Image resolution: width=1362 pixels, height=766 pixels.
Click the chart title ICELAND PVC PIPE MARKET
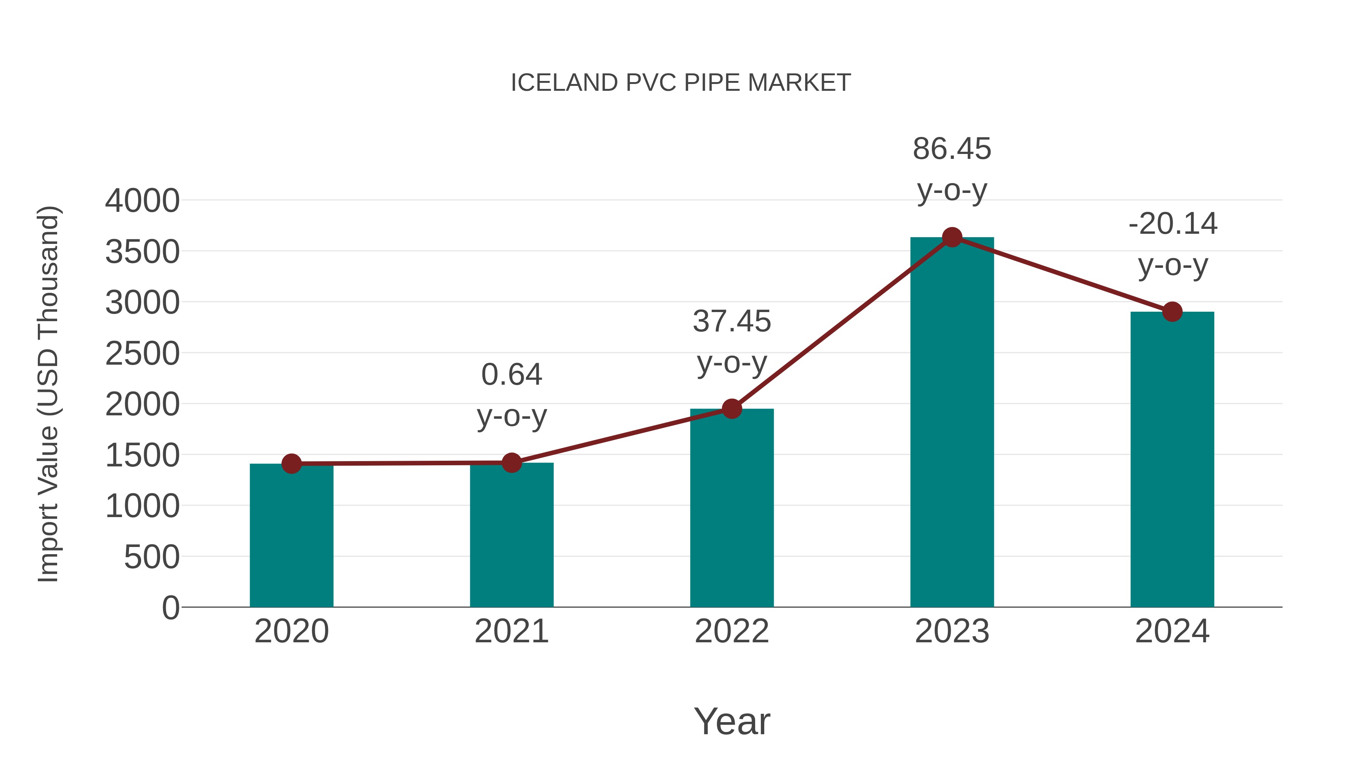point(681,83)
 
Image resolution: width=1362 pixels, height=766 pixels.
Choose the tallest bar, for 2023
point(952,423)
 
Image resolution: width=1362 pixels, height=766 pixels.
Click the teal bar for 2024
point(1172,460)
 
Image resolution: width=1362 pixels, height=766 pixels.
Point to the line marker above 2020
point(291,464)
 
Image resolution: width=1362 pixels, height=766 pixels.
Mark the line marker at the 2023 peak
point(952,237)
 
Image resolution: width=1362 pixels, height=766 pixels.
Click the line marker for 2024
point(1172,312)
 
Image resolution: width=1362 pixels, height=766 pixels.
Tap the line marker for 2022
point(732,409)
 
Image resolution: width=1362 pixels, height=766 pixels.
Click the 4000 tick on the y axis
point(142,201)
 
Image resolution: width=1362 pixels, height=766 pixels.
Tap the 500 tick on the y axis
point(152,557)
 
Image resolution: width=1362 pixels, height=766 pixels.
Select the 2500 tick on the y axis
point(142,354)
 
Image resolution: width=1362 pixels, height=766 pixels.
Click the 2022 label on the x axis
point(732,631)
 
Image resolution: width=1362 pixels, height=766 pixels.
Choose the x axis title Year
point(732,721)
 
